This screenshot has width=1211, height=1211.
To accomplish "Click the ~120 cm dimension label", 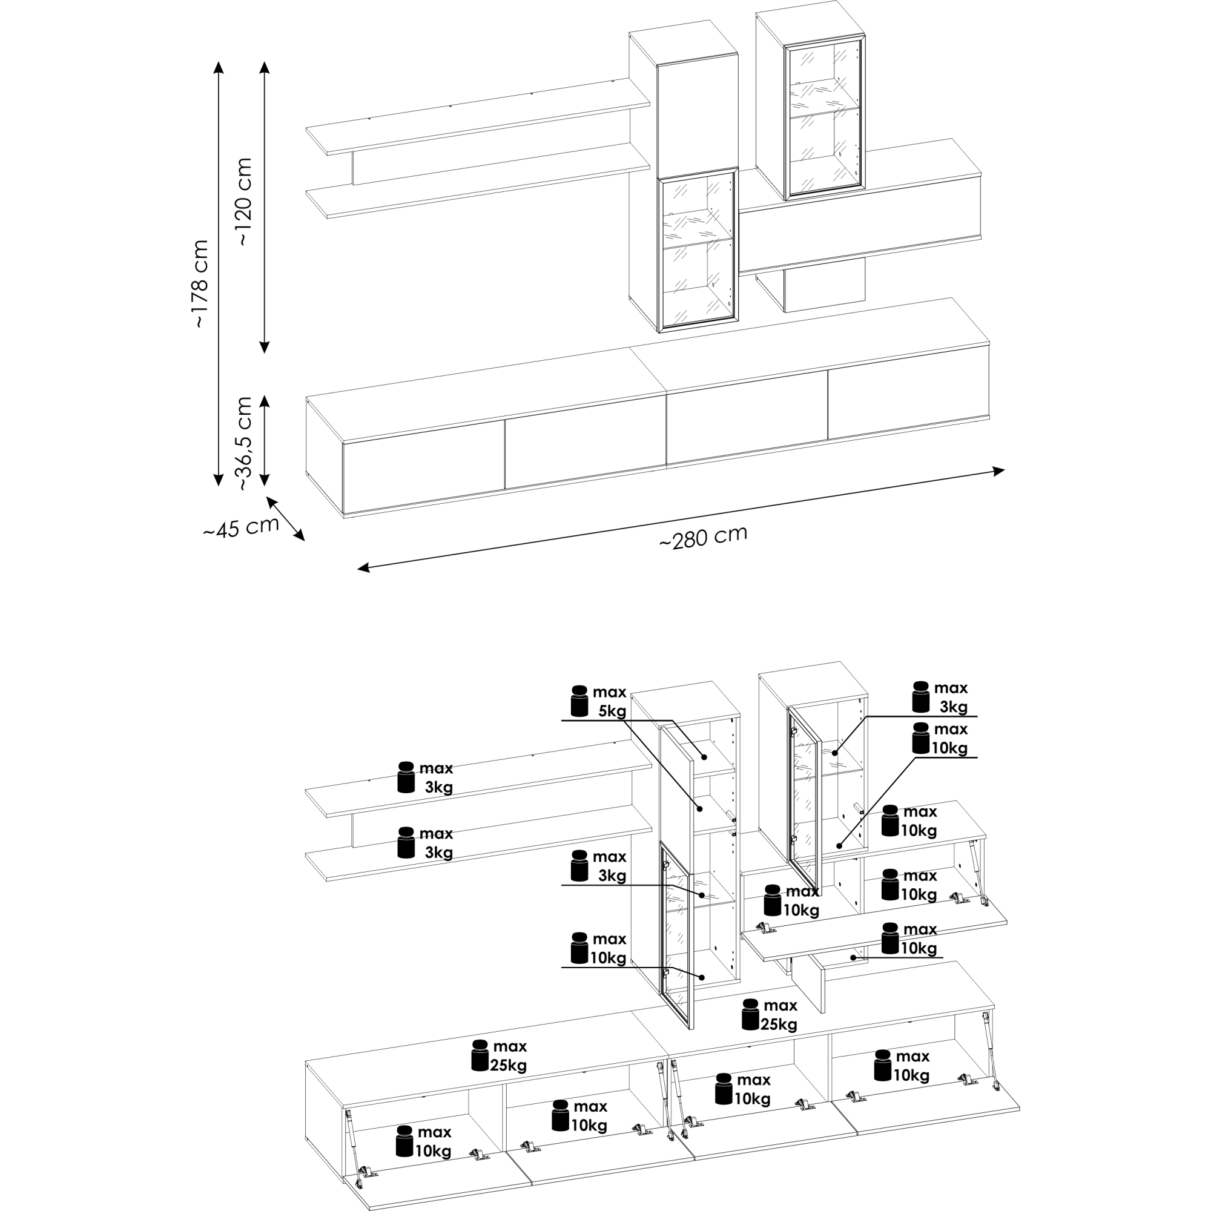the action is (244, 200).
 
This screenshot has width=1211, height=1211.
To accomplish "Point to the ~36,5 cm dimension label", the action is (244, 443).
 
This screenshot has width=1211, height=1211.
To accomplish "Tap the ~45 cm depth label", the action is (242, 527).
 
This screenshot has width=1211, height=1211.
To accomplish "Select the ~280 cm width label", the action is (703, 537).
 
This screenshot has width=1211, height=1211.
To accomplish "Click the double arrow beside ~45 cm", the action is (286, 518).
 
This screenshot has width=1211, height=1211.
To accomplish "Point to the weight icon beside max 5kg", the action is (580, 701).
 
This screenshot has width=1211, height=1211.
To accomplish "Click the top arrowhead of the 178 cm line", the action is (218, 67).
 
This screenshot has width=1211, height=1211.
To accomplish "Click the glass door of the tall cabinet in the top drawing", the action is (698, 249).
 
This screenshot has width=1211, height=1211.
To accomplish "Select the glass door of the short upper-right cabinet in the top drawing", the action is (825, 116).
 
